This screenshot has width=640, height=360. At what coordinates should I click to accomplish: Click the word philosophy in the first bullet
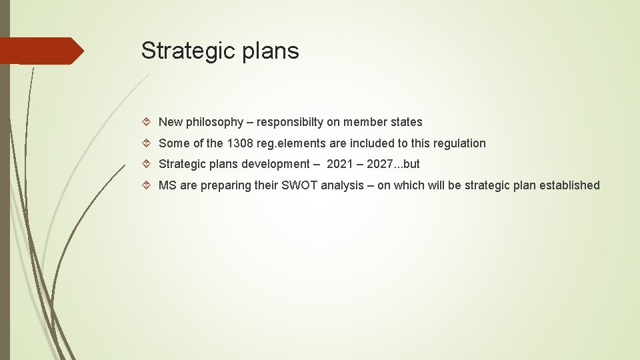pos(215,123)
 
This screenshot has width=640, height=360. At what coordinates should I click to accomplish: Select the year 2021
pos(339,164)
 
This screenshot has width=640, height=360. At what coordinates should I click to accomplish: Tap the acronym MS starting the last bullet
pos(167,185)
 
